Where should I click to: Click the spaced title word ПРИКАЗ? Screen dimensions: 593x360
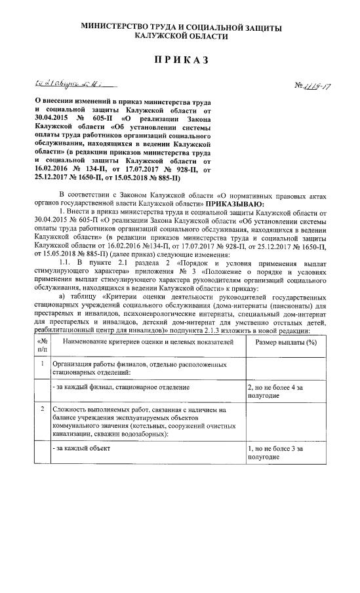coord(180,60)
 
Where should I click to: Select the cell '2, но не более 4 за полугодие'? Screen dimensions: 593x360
coord(274,392)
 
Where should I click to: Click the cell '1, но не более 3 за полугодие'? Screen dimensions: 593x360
coord(274,453)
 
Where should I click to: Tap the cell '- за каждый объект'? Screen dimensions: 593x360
coord(82,449)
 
